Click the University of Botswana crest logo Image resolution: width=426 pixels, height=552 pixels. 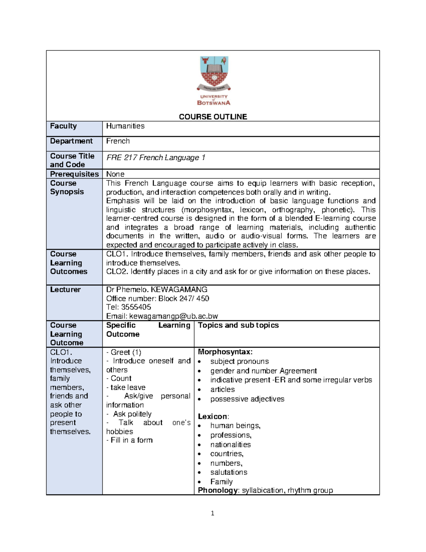coord(214,80)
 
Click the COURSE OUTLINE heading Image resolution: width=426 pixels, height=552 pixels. coord(213,117)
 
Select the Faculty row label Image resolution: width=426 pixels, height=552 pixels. coord(63,126)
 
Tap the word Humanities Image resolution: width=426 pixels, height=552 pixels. coord(125,126)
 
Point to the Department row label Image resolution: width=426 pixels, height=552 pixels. coord(71,141)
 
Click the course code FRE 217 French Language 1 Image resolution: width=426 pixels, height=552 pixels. coord(155,157)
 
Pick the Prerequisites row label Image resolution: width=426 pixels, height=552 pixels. coord(74,174)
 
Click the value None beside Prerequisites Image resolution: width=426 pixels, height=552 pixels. coord(115,174)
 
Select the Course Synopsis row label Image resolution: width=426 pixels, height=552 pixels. coord(67,187)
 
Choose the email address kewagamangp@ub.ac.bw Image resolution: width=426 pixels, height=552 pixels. coord(173,316)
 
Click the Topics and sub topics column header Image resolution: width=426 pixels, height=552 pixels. coord(238,325)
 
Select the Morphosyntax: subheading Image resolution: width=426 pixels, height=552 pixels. coord(225,352)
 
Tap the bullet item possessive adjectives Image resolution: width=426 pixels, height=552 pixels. coord(247,399)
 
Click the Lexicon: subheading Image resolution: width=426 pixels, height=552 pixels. coord(213,416)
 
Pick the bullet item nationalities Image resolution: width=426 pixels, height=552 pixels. coord(230,444)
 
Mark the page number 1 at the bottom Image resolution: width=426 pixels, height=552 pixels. coord(212,513)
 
